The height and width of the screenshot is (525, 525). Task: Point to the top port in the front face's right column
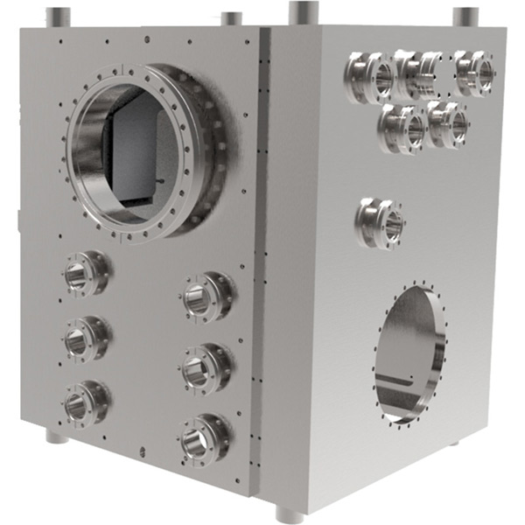point(206,297)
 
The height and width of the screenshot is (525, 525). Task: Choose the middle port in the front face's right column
point(206,367)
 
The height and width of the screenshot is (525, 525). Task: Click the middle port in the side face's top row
point(418,74)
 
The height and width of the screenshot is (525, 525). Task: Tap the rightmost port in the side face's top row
point(474,73)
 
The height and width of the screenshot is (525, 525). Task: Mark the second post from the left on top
point(232,18)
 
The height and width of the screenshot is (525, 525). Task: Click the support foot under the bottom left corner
point(56,435)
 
